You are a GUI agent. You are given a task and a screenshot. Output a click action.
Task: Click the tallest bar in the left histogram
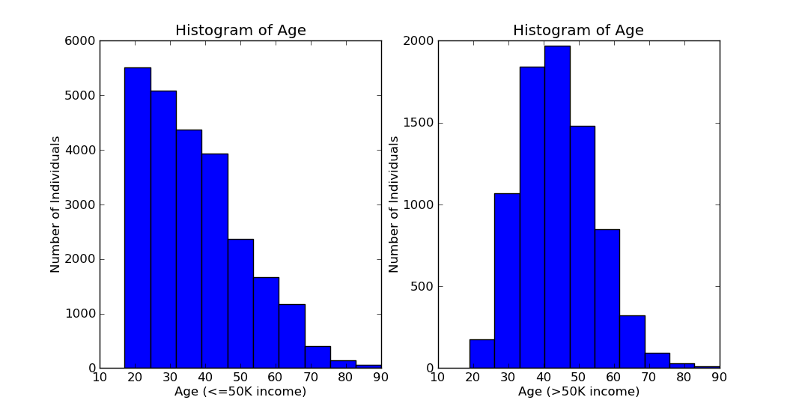[138, 218]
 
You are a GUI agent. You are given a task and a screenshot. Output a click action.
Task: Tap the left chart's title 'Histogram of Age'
[240, 31]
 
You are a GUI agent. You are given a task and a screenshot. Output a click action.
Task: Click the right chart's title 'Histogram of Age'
[578, 31]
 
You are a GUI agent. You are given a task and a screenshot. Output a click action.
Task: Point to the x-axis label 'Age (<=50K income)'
[240, 392]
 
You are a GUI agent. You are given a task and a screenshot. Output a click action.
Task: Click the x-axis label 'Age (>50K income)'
[579, 392]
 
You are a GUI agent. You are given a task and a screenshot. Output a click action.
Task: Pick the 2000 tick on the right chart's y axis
[419, 41]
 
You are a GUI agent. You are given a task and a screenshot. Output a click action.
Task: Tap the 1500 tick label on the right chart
[419, 123]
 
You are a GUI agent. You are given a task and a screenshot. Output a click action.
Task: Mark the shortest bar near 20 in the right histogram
[481, 354]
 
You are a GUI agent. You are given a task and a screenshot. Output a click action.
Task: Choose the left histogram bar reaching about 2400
[240, 303]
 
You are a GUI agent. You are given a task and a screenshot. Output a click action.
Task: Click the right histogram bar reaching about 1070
[507, 281]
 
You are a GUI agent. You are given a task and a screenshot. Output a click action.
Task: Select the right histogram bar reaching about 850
[607, 299]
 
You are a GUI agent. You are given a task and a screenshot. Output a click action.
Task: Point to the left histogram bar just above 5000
[163, 229]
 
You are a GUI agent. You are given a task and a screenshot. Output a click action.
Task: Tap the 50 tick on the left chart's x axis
[240, 378]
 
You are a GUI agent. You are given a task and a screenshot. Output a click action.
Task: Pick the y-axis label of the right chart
[395, 204]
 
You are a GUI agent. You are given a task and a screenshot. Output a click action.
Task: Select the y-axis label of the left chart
[56, 204]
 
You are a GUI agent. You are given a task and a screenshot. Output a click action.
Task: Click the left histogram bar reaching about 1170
[292, 336]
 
